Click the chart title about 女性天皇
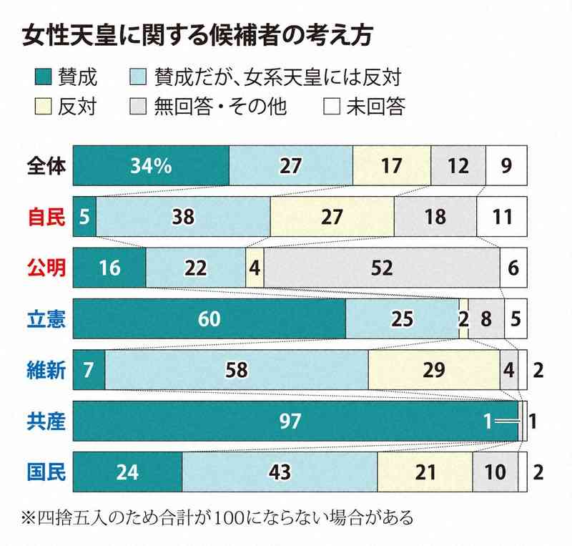pyautogui.click(x=197, y=36)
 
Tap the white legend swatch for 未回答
pyautogui.click(x=330, y=107)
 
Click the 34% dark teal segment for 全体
pyautogui.click(x=151, y=166)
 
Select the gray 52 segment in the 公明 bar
pyautogui.click(x=382, y=268)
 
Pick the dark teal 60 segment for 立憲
pyautogui.click(x=209, y=319)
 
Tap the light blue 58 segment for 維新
pyautogui.click(x=236, y=370)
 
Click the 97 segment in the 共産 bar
pyautogui.click(x=295, y=421)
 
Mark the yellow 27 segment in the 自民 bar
pyautogui.click(x=332, y=217)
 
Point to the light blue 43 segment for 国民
pyautogui.click(x=280, y=472)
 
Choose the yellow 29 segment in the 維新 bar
pyautogui.click(x=434, y=370)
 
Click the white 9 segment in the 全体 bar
pyautogui.click(x=506, y=166)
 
